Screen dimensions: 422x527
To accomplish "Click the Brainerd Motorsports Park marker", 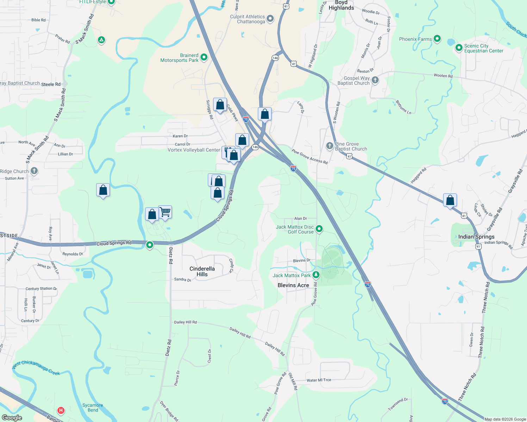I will [x=204, y=58].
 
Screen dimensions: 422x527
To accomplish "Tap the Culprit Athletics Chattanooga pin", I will [x=270, y=19].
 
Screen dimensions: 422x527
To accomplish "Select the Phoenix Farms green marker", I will [x=437, y=39].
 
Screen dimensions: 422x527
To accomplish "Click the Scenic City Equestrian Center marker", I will [x=459, y=48].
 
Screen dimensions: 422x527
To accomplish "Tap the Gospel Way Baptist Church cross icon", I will [x=375, y=80].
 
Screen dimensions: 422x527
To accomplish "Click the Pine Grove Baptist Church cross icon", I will [x=329, y=146].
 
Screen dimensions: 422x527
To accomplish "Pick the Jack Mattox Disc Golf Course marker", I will [x=319, y=229].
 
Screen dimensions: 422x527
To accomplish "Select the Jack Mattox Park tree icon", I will [x=316, y=275].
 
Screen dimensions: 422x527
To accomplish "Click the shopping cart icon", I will [x=165, y=212].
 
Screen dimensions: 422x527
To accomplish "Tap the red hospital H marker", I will [x=61, y=410].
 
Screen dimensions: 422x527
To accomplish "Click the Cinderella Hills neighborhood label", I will [x=202, y=271].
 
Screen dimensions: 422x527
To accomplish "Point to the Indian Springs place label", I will [x=476, y=237].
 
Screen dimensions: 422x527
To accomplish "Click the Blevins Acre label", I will [x=293, y=285].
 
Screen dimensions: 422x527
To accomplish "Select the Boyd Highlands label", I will [x=341, y=5].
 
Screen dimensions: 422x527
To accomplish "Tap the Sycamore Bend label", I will [x=93, y=408].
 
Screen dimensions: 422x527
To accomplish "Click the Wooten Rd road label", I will [x=443, y=76].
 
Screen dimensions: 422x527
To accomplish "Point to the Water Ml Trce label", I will [x=319, y=380].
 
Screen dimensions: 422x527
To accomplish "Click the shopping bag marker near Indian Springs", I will [x=450, y=200].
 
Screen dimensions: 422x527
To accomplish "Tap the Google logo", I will [x=12, y=418].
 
